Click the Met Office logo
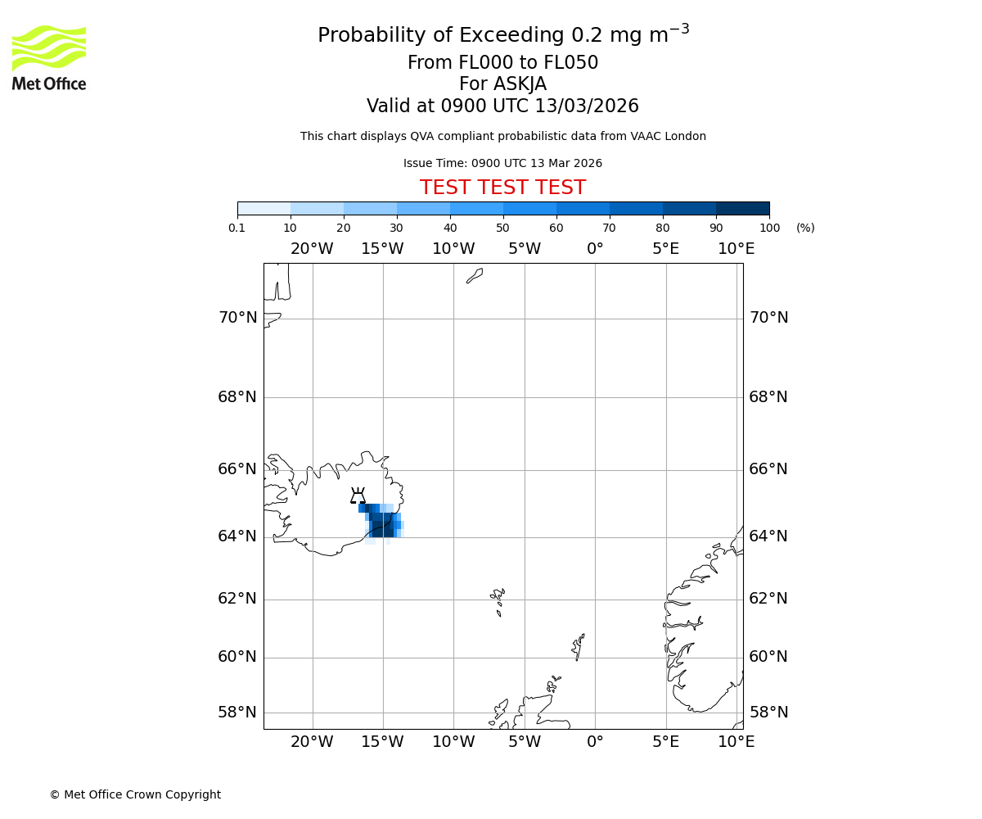pyautogui.click(x=49, y=57)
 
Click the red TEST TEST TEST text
pyautogui.click(x=502, y=188)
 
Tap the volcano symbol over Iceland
pyautogui.click(x=358, y=495)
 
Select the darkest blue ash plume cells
pyautogui.click(x=383, y=528)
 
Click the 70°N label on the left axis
pyautogui.click(x=237, y=318)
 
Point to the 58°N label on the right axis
pyautogui.click(x=768, y=713)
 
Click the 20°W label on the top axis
pyautogui.click(x=312, y=249)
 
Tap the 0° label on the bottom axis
pyautogui.click(x=595, y=742)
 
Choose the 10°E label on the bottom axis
pyautogui.click(x=736, y=742)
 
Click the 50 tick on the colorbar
pyautogui.click(x=502, y=228)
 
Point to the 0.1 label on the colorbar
pyautogui.click(x=237, y=228)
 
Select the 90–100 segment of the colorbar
pyautogui.click(x=742, y=208)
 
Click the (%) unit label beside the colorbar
pyautogui.click(x=805, y=228)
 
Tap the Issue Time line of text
pyautogui.click(x=502, y=164)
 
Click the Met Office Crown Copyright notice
pyautogui.click(x=135, y=794)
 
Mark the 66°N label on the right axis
pyautogui.click(x=768, y=469)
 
